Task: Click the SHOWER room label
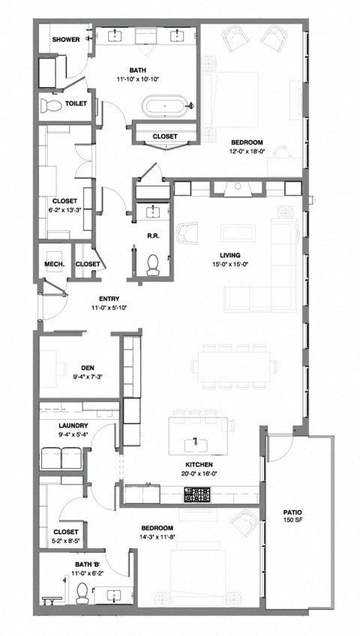point(66,40)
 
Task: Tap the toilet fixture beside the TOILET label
point(52,105)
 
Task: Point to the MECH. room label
point(54,264)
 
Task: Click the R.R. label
point(151,235)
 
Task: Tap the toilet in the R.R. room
point(154,262)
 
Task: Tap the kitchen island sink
point(196,442)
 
